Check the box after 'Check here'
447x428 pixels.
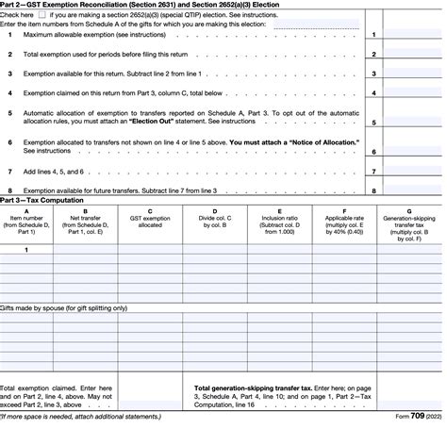pyautogui.click(x=41, y=16)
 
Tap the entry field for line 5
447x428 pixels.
pyautogui.click(x=412, y=122)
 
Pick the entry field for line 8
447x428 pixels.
pyautogui.click(x=412, y=189)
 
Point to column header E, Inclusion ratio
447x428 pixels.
pyautogui.click(x=278, y=221)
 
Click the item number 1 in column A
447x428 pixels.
pyautogui.click(x=25, y=249)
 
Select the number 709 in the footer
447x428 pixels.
pyautogui.click(x=412, y=420)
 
